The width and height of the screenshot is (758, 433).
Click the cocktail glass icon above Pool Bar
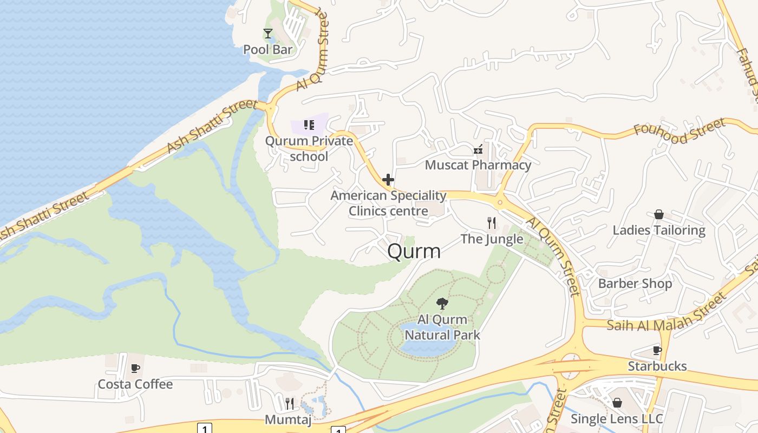point(268,34)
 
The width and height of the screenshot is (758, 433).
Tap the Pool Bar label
point(268,50)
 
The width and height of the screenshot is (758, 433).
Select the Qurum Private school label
point(309,149)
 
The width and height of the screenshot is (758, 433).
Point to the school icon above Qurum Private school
point(309,126)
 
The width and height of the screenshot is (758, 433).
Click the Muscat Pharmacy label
point(478,165)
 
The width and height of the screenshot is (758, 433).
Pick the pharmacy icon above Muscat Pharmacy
point(478,149)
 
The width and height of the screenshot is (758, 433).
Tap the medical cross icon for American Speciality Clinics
point(388,180)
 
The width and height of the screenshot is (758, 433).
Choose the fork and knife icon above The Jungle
point(492,222)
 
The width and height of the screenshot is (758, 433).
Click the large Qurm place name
point(414,252)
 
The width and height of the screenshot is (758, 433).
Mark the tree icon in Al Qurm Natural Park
point(442,303)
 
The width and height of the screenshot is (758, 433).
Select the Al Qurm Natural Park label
point(442,327)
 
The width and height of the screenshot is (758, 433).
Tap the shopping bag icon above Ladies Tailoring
point(659,214)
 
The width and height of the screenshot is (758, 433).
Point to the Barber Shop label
point(635,284)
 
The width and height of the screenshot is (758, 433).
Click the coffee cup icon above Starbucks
point(657,350)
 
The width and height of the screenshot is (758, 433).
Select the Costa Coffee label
point(135,385)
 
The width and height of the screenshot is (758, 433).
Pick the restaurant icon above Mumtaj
point(290,403)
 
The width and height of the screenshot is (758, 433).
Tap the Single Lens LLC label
point(617,419)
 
